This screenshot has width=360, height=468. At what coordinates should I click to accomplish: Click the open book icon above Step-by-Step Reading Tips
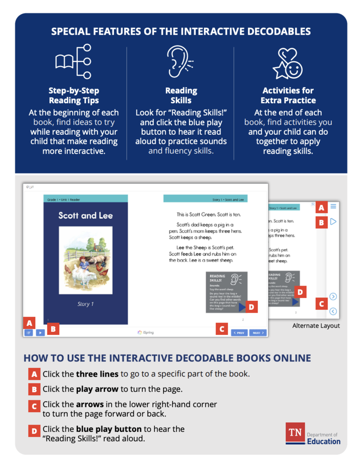pyautogui.click(x=73, y=62)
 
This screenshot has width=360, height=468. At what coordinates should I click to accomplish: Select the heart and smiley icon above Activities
pyautogui.click(x=288, y=63)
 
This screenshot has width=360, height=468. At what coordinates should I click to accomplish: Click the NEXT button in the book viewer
pyautogui.click(x=258, y=333)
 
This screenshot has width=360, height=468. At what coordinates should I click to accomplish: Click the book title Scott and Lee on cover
pyautogui.click(x=86, y=215)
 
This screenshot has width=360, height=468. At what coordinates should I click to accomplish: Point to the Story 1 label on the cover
pyautogui.click(x=86, y=304)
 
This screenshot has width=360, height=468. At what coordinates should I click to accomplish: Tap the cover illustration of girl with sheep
pyautogui.click(x=86, y=261)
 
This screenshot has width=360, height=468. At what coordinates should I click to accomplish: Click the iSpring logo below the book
pyautogui.click(x=145, y=332)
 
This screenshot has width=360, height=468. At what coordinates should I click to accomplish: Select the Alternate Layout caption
pyautogui.click(x=316, y=326)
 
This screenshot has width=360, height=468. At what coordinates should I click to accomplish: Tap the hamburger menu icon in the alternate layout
pyautogui.click(x=333, y=207)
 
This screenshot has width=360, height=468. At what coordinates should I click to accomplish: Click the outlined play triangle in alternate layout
pyautogui.click(x=333, y=222)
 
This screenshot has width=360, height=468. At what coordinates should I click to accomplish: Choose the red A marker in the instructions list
pyautogui.click(x=34, y=374)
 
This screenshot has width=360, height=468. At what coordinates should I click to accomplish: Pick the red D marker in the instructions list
pyautogui.click(x=34, y=430)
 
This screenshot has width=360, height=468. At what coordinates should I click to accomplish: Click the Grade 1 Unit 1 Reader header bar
pyautogui.click(x=86, y=199)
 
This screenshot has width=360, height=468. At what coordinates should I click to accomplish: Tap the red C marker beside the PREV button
pyautogui.click(x=222, y=329)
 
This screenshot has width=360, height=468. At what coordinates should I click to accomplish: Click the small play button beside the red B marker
pyautogui.click(x=40, y=333)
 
